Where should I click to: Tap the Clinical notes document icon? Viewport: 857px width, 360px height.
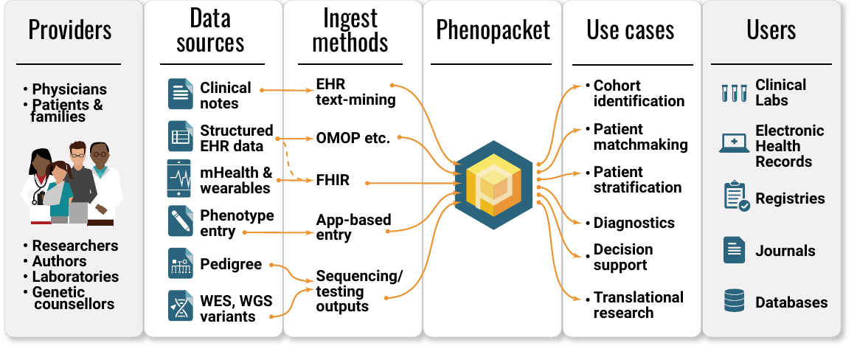pyautogui.click(x=180, y=94)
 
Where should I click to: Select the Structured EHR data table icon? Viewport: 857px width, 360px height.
pyautogui.click(x=180, y=137)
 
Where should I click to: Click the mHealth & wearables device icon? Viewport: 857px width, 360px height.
pyautogui.click(x=180, y=179)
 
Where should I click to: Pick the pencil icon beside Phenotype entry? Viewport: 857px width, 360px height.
pyautogui.click(x=180, y=222)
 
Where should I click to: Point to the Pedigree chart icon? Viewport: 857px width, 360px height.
pyautogui.click(x=180, y=263)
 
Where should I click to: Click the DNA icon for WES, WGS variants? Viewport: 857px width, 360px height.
pyautogui.click(x=180, y=305)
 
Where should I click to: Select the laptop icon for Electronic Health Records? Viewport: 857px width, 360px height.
pyautogui.click(x=734, y=143)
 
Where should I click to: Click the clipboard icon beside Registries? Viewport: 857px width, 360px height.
pyautogui.click(x=735, y=198)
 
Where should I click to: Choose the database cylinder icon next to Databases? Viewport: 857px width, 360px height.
pyautogui.click(x=734, y=301)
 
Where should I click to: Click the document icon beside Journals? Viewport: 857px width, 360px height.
pyautogui.click(x=734, y=250)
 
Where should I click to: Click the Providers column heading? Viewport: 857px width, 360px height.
pyautogui.click(x=70, y=30)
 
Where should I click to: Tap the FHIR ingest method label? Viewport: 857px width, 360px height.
pyautogui.click(x=333, y=180)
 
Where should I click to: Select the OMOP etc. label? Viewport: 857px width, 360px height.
pyautogui.click(x=353, y=138)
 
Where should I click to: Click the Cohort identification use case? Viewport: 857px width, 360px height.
pyautogui.click(x=638, y=93)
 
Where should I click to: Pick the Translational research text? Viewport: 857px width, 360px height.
pyautogui.click(x=638, y=305)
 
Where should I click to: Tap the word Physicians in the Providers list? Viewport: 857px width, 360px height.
pyautogui.click(x=69, y=89)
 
